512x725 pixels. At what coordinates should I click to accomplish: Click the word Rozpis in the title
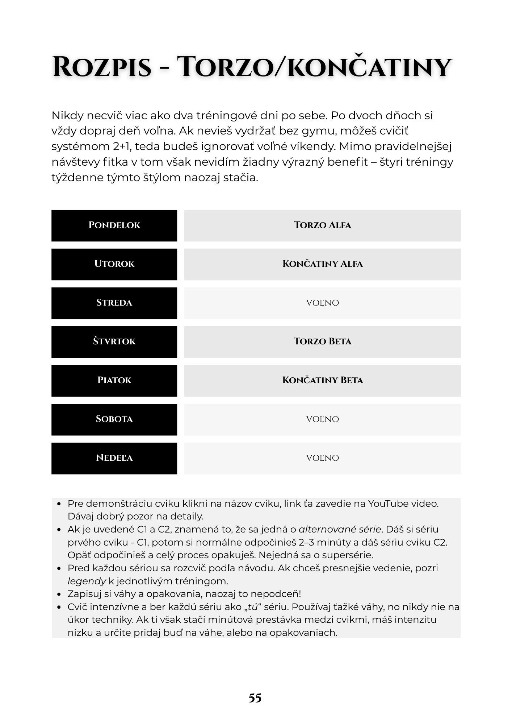(102, 67)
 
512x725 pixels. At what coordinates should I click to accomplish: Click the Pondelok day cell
(114, 225)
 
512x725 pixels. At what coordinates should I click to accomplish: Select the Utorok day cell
(114, 264)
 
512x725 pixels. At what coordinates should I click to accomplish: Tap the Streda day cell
(114, 303)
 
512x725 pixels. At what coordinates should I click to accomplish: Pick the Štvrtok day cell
(114, 341)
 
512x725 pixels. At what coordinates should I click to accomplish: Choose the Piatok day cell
(114, 380)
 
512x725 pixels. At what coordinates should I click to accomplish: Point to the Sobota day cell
(114, 419)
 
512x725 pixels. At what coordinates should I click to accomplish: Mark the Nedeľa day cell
(114, 458)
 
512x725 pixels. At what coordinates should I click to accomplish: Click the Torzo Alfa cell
(322, 225)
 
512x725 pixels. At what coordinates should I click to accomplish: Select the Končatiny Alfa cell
(322, 264)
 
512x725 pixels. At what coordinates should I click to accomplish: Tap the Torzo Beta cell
(322, 341)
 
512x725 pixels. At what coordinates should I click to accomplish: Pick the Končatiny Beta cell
(322, 380)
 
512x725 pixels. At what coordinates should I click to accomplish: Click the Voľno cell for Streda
(322, 303)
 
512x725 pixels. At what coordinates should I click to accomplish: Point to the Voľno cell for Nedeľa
(322, 458)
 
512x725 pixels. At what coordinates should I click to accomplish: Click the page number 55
(255, 698)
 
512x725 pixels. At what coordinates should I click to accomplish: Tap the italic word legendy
(87, 581)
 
